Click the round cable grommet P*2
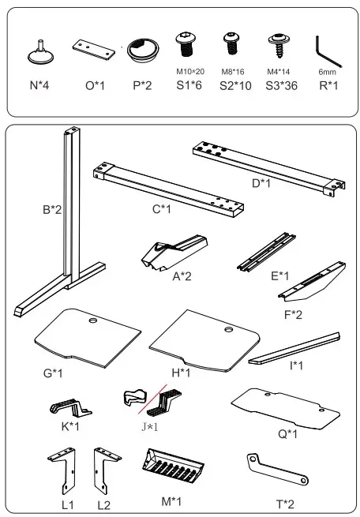coord(143,49)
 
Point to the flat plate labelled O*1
coord(94,50)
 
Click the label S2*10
coord(235,86)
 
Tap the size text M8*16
coord(233,72)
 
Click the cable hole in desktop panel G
coord(93,320)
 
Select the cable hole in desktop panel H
coord(229,329)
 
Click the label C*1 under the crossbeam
coord(162,209)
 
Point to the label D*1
coord(261,183)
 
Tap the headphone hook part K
coord(70,407)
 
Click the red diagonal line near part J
coord(152,399)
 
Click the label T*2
coord(285,504)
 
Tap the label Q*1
coord(288,434)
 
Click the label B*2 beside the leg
coord(52,209)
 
